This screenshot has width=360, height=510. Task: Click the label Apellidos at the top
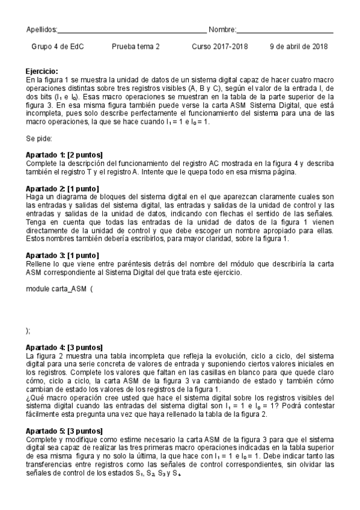pos(41,29)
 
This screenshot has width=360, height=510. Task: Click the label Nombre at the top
pos(222,29)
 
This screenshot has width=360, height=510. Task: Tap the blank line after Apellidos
pos(132,31)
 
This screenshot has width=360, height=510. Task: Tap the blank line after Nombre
pos(285,31)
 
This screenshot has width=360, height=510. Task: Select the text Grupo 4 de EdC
pos(57,46)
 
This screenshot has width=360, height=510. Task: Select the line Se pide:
pos(40,138)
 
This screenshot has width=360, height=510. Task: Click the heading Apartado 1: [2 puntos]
pos(64,155)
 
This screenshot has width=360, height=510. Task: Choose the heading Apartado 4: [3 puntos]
pos(64,347)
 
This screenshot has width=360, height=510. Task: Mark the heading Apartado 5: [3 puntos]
pos(64,431)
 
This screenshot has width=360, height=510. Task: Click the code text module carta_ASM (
pos(59,289)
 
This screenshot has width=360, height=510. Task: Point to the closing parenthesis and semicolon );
pos(28,330)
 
